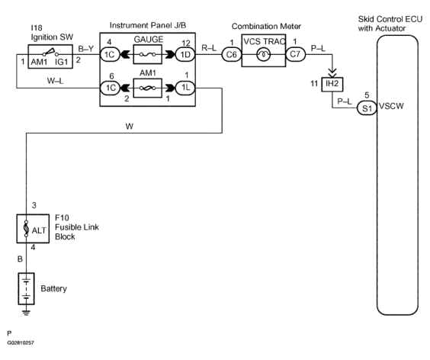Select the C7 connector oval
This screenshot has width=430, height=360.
pos(294,54)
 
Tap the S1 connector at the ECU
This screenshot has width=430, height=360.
pos(367,109)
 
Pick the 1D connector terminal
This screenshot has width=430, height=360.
pos(184,54)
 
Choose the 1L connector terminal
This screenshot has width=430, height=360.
pos(184,88)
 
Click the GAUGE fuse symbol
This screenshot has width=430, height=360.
pos(148,54)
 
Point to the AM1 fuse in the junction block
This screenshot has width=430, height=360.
pos(148,88)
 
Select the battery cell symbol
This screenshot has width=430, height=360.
pos(27,288)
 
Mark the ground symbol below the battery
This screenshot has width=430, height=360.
pos(27,311)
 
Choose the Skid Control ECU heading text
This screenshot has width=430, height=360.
pos(392,22)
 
